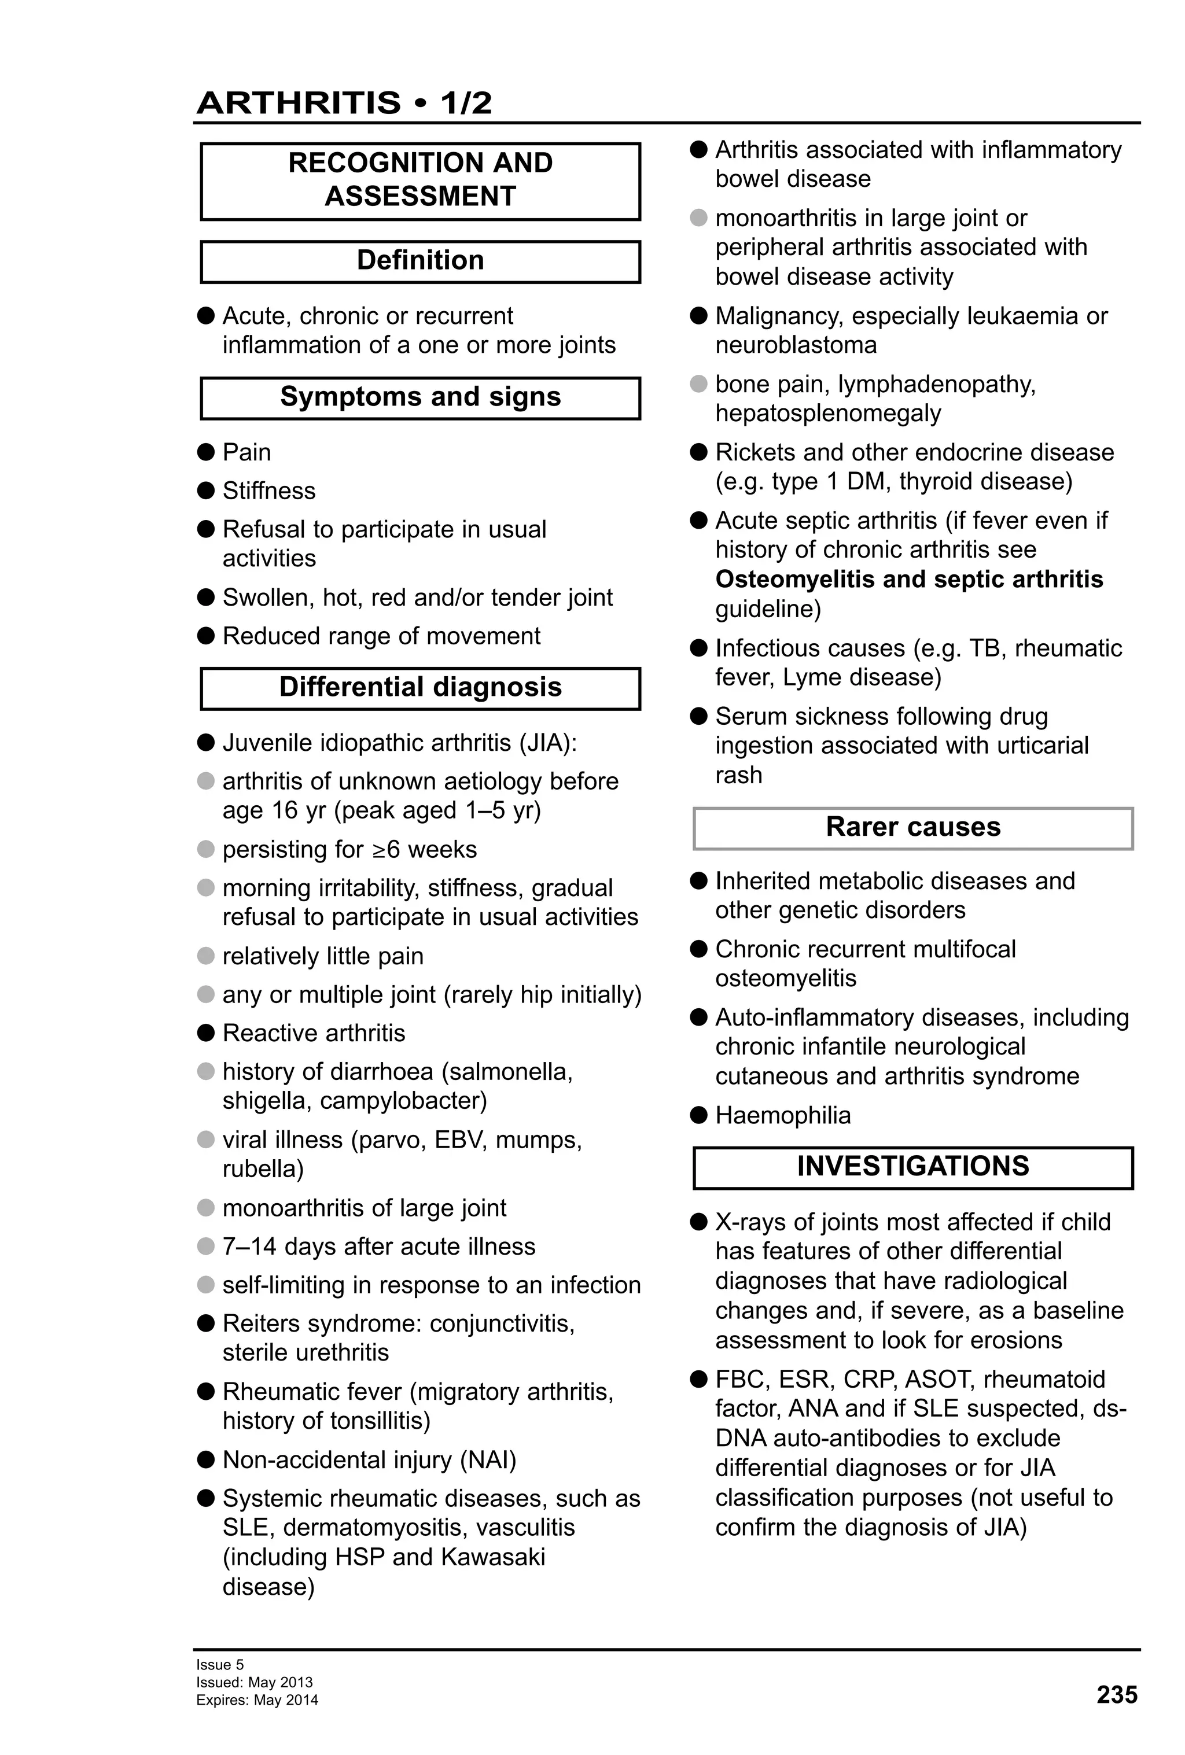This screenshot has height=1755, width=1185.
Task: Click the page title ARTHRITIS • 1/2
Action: [x=344, y=103]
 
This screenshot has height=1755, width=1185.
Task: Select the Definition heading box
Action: [x=420, y=260]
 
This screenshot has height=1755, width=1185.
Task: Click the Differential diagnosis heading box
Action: [x=420, y=687]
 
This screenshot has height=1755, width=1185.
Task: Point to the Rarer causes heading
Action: [x=912, y=827]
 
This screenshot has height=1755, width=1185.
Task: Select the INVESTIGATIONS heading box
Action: [x=912, y=1166]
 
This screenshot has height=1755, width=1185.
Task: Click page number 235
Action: [x=1116, y=1695]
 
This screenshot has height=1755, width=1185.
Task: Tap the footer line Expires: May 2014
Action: [x=257, y=1700]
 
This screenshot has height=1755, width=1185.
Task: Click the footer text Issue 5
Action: [x=220, y=1664]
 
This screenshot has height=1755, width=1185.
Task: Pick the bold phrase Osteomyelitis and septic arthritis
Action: [x=908, y=579]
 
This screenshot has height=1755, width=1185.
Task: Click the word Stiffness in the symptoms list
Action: [x=269, y=491]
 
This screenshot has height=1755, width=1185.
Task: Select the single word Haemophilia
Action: [x=782, y=1115]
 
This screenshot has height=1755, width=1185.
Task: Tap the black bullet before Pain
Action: [x=206, y=452]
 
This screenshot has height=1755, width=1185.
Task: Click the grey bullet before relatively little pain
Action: [x=206, y=956]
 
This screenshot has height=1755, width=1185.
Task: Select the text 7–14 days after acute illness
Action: [x=378, y=1246]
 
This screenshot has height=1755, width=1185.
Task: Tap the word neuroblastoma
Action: [x=796, y=345]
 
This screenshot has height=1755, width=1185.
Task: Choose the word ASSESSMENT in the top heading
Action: [x=420, y=196]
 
